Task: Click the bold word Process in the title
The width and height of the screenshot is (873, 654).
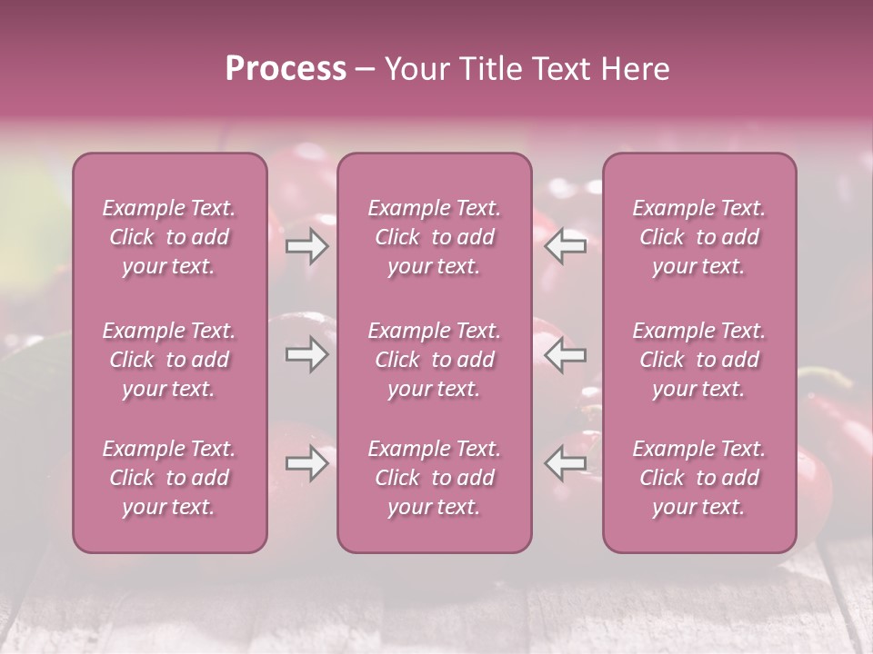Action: [x=286, y=69]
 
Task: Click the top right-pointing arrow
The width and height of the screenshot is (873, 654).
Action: [x=306, y=246]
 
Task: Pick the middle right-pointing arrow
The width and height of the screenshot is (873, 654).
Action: [x=306, y=354]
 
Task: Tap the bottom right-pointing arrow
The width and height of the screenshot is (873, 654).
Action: [x=306, y=463]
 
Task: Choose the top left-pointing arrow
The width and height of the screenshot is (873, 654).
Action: [x=566, y=246]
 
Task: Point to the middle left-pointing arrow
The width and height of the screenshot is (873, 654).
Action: [x=566, y=354]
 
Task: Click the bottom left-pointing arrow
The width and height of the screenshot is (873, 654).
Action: [x=566, y=463]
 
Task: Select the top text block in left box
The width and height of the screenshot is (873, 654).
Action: [x=169, y=237]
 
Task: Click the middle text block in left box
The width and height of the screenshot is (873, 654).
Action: [x=169, y=360]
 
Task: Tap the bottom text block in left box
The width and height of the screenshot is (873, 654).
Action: [x=169, y=478]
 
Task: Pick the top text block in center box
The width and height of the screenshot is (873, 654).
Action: [x=435, y=237]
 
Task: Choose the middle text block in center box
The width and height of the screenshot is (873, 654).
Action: [x=435, y=360]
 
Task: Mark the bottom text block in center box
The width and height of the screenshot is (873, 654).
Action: [x=435, y=478]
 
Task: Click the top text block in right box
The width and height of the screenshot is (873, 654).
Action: [x=699, y=237]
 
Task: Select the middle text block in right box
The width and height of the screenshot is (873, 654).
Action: [x=699, y=360]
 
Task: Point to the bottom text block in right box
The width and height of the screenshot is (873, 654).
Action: [x=699, y=478]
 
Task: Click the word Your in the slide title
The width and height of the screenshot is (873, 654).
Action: [x=418, y=69]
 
